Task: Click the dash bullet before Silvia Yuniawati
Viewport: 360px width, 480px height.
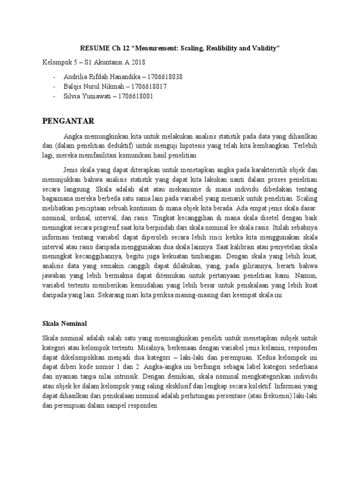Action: [55, 96]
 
